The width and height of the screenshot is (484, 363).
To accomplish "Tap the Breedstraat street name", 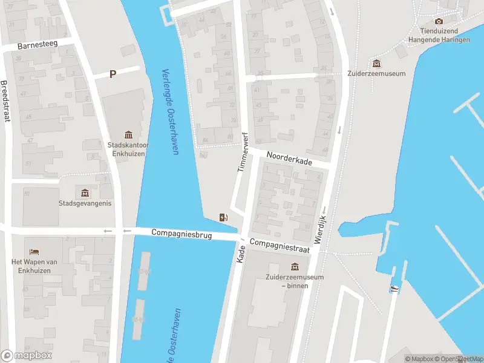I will click(7, 101).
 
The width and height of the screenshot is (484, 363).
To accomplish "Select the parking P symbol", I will click(113, 74).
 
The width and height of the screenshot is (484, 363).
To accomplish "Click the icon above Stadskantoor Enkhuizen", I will click(128, 134).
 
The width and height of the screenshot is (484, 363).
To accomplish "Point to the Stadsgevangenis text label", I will click(85, 203).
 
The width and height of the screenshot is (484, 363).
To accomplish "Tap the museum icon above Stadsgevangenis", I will click(85, 193).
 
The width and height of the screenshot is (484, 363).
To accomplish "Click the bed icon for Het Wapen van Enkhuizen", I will click(34, 251).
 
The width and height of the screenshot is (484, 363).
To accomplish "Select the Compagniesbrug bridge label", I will click(181, 234).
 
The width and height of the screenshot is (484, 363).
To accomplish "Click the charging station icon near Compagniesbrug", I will click(223, 218).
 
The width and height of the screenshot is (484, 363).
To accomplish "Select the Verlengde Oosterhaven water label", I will click(170, 111).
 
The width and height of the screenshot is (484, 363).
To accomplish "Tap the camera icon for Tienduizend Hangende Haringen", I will click(439, 21).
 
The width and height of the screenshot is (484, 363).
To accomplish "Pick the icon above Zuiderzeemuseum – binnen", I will click(295, 266).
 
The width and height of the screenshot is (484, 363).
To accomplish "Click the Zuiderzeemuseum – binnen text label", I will click(295, 281).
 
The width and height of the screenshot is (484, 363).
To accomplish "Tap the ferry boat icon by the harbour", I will click(394, 288).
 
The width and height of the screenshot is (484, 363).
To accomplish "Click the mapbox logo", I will click(27, 356).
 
